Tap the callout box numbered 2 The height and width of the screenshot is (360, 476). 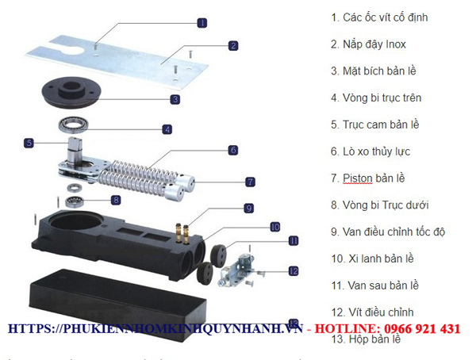pos(232,45)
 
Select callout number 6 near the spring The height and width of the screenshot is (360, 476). pos(232,149)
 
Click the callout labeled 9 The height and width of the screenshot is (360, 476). pos(248,208)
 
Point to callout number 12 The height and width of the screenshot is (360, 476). pos(293,270)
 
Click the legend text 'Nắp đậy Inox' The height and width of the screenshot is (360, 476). pos(374,44)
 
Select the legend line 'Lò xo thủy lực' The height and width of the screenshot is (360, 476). pos(376,151)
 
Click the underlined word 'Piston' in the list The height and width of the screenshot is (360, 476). pos(357,178)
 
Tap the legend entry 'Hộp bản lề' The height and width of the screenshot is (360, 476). pos(366,339)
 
